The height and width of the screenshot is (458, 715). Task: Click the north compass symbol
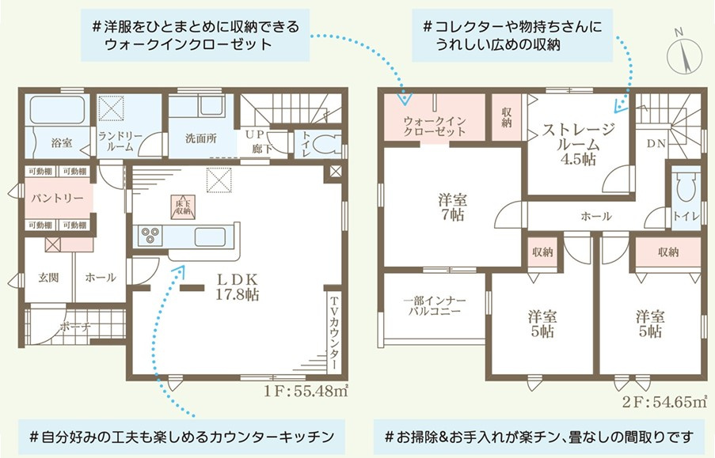pyautogui.click(x=682, y=51)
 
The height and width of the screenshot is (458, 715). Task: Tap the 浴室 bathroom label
pyautogui.click(x=61, y=143)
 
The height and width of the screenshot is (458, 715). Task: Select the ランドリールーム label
pyautogui.click(x=120, y=141)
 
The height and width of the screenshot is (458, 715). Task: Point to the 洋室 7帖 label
pyautogui.click(x=451, y=206)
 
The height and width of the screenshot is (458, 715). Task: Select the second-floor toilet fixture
pyautogui.click(x=684, y=188)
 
